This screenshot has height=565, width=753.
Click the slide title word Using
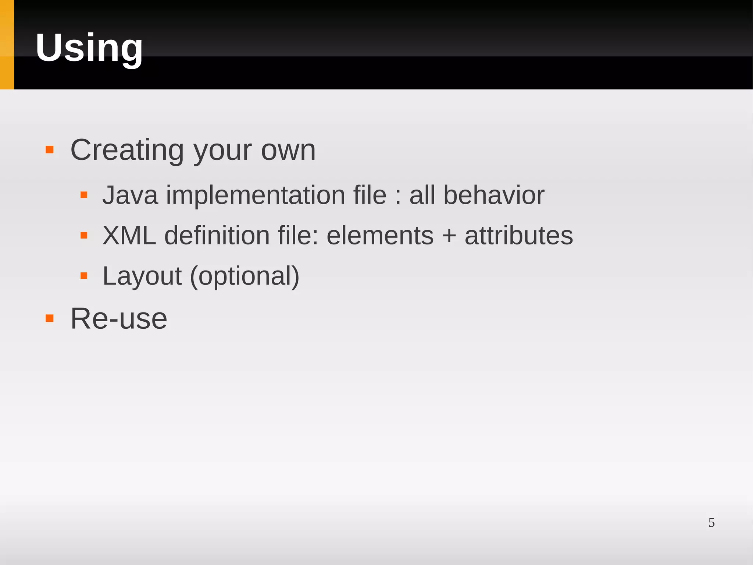tap(89, 48)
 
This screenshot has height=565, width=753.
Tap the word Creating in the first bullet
tap(127, 150)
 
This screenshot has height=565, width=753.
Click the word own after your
tap(288, 150)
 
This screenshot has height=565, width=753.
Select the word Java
tap(130, 195)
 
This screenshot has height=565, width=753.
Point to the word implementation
tap(256, 195)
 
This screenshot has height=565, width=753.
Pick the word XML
tap(129, 236)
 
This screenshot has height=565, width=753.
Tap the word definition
tap(217, 236)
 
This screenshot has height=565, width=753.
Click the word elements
tap(380, 236)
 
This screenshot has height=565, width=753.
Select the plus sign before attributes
tap(449, 236)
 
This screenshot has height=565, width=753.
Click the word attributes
tap(519, 236)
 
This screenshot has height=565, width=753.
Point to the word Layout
tap(142, 276)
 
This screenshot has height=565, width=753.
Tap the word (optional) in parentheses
tap(245, 276)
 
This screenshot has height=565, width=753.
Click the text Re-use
tap(118, 318)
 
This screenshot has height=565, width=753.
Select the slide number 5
tap(711, 523)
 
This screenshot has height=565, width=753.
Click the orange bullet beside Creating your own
tap(50, 150)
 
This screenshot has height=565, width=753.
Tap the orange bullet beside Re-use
tap(50, 318)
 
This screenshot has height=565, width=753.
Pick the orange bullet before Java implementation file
tap(84, 195)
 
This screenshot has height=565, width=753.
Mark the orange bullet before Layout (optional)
tap(84, 276)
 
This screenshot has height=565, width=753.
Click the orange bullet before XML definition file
tap(84, 235)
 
